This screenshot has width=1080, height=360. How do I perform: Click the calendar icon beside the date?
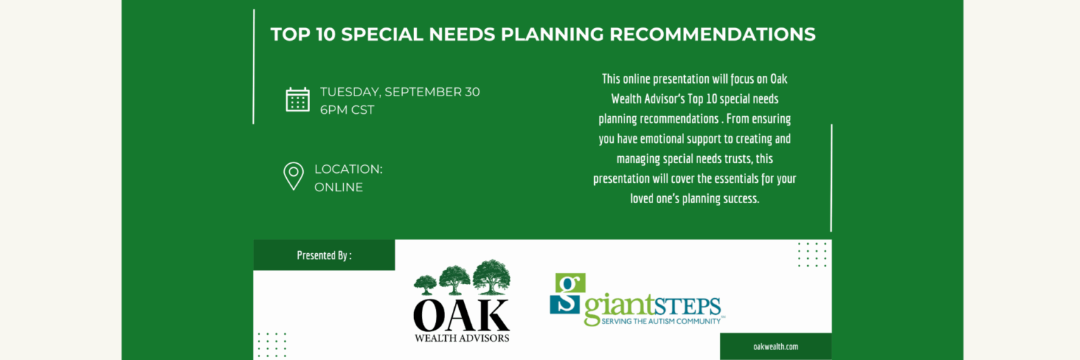pos(297,100)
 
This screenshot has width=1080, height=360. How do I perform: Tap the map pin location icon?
pos(294,176)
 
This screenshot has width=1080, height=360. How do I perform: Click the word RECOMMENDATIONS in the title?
pos(712,34)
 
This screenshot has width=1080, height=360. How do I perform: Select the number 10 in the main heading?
pos(326,34)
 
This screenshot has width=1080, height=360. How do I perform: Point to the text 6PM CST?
pos(347,110)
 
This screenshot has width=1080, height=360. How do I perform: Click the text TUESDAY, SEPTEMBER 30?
pos(399,92)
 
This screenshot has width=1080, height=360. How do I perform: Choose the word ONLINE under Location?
pos(338,187)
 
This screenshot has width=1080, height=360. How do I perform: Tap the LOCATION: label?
pos(348,169)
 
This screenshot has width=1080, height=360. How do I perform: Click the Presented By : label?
pos(324,255)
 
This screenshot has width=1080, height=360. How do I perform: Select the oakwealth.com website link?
pos(776,347)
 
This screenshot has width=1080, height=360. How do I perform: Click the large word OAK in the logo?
pos(461,315)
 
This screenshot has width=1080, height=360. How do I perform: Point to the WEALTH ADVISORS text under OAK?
pos(461,338)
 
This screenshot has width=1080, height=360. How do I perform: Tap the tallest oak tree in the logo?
pos(491,277)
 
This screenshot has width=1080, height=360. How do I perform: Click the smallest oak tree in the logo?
pos(425,285)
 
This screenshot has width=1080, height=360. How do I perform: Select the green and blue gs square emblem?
pos(568,293)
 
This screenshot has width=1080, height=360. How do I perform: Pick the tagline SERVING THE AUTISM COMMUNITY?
pos(661,321)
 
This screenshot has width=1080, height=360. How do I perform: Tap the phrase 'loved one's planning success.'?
pos(695,198)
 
